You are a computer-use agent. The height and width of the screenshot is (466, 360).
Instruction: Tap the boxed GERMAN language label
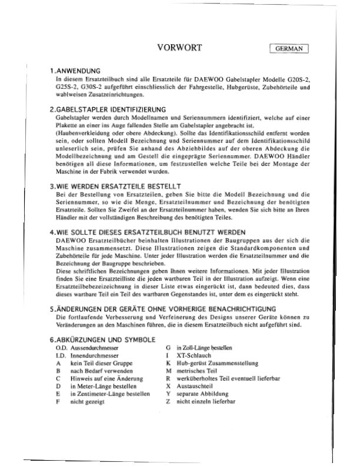click(288, 49)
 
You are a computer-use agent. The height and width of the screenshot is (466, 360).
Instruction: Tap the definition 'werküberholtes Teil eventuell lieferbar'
click(226, 380)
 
